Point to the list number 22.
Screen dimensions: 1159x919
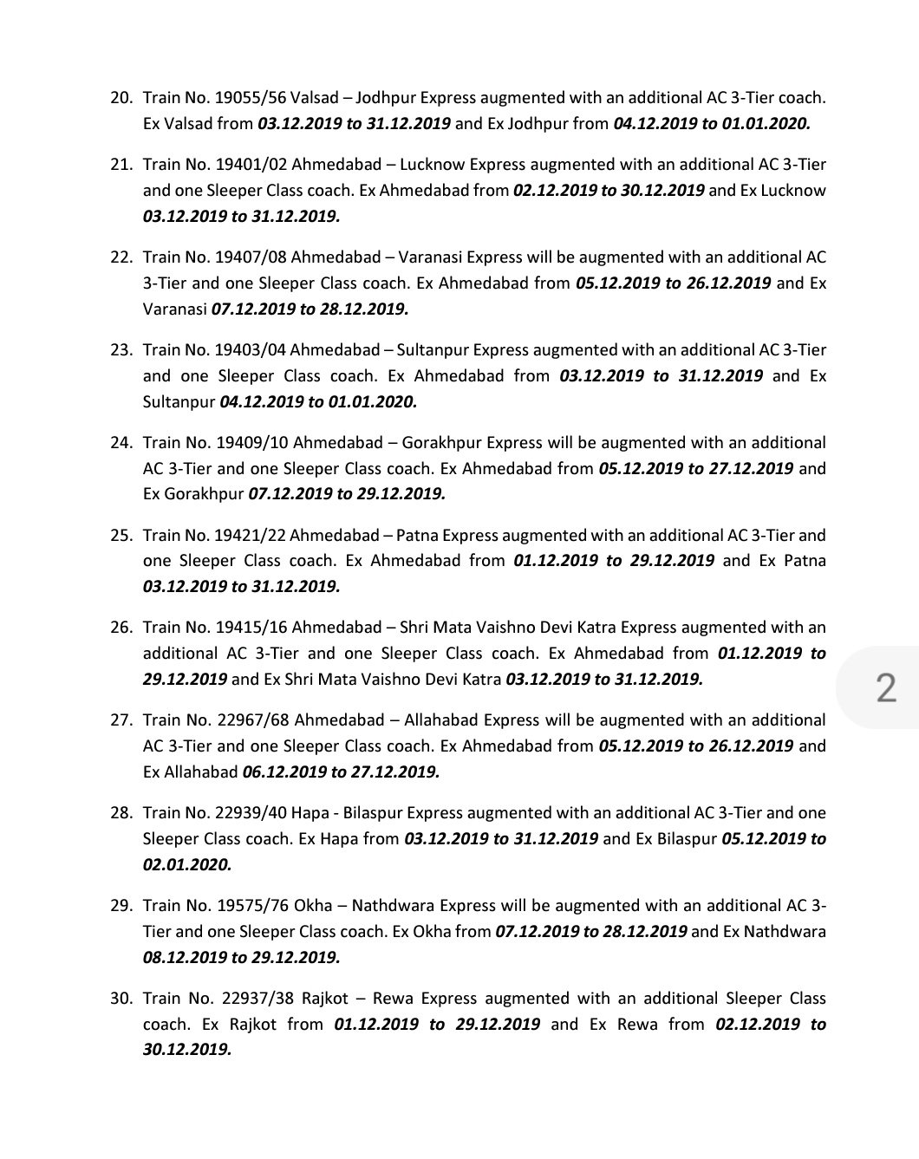[121, 257]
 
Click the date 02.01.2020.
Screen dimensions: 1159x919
[187, 864]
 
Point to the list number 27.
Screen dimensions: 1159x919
[121, 720]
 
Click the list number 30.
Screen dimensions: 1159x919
[121, 999]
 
